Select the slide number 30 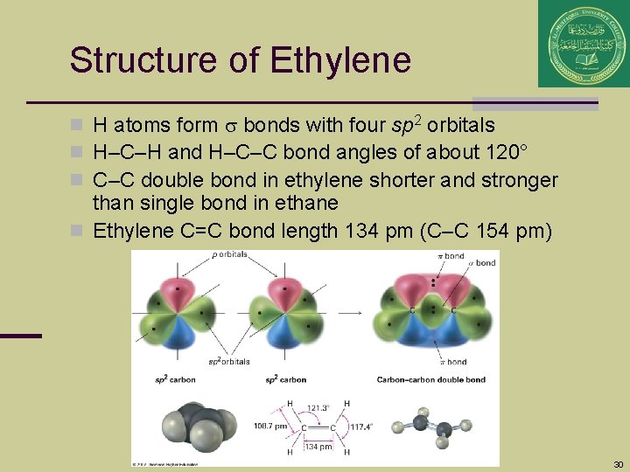coord(618,464)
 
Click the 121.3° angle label coord(318,407)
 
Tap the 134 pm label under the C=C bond coord(318,447)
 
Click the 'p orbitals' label coord(229,255)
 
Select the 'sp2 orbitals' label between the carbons coord(228,361)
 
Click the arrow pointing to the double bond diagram coord(351,310)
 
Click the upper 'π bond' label coord(451,255)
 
